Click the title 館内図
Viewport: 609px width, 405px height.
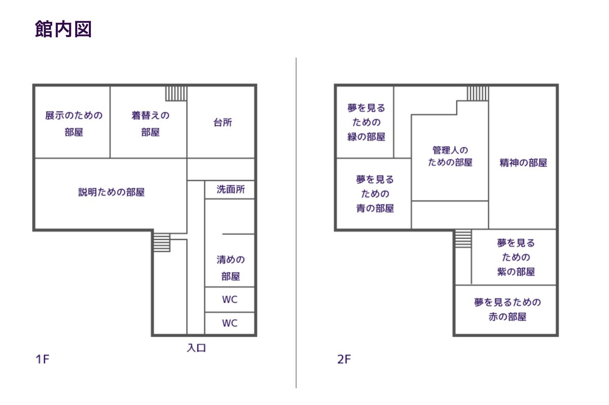(x=63, y=29)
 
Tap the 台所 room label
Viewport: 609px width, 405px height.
(x=223, y=123)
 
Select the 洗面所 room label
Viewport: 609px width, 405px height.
(x=230, y=190)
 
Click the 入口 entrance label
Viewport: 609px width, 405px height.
(x=196, y=348)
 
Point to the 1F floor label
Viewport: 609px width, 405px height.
(x=42, y=360)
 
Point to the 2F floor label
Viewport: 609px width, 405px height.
(x=344, y=360)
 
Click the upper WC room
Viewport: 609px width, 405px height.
(x=230, y=299)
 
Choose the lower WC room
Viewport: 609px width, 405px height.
(x=230, y=323)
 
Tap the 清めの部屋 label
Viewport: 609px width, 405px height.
(x=230, y=268)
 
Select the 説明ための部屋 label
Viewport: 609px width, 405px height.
(x=112, y=192)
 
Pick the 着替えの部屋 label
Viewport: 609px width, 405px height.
(x=150, y=124)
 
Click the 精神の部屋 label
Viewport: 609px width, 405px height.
(x=523, y=163)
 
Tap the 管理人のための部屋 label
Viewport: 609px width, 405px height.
(x=450, y=156)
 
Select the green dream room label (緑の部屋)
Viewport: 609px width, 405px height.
(x=366, y=122)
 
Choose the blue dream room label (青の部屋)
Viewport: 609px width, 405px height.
(x=375, y=194)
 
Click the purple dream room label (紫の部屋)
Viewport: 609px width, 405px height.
(x=516, y=257)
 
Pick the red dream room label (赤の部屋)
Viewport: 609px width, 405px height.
(x=507, y=310)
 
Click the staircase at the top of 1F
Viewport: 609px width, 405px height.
(x=176, y=93)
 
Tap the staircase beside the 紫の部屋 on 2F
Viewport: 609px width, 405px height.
(x=463, y=239)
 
